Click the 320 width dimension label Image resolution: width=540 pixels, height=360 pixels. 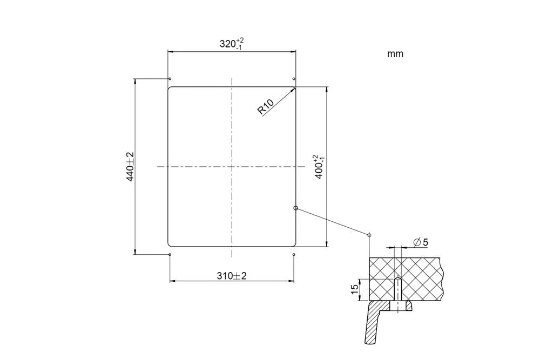pos(232,44)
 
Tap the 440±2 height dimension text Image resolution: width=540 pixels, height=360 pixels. pos(130,167)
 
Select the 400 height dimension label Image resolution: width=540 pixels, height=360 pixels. pos(318,167)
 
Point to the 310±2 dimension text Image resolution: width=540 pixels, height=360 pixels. pos(232,276)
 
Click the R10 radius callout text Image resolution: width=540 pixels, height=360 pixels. pos(266,106)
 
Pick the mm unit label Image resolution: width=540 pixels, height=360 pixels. pos(395,54)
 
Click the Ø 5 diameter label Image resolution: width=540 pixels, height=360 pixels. pos(421,243)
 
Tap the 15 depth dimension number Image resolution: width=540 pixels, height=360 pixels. pos(354,289)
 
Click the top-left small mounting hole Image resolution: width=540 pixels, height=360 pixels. pos(170,79)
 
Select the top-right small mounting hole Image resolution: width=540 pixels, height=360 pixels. pos(293,79)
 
